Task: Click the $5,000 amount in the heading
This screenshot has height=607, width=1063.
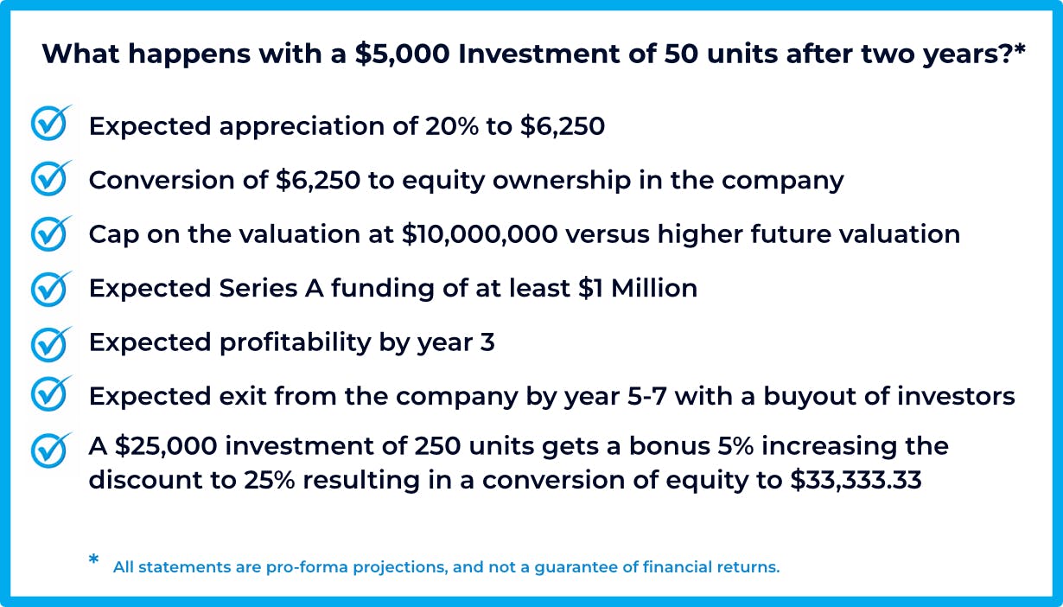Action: [403, 54]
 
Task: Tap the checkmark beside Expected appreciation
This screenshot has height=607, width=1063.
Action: [50, 123]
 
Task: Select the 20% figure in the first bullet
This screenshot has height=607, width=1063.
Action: [452, 126]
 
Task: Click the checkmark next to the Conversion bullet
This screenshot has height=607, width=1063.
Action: [50, 178]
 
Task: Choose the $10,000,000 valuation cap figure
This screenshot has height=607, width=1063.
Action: [480, 234]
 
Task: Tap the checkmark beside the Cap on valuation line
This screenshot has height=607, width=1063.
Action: [50, 233]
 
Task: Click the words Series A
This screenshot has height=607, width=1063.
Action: [271, 288]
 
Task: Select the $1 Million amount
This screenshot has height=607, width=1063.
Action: [638, 288]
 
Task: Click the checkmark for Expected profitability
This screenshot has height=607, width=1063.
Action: [50, 344]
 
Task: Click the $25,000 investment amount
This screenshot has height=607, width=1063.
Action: [166, 446]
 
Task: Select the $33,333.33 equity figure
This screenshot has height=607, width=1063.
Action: [856, 480]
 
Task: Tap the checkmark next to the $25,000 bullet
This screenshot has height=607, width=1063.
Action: [50, 450]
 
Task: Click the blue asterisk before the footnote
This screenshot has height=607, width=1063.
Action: [93, 559]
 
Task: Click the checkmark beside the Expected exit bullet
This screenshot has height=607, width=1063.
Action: [50, 393]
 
